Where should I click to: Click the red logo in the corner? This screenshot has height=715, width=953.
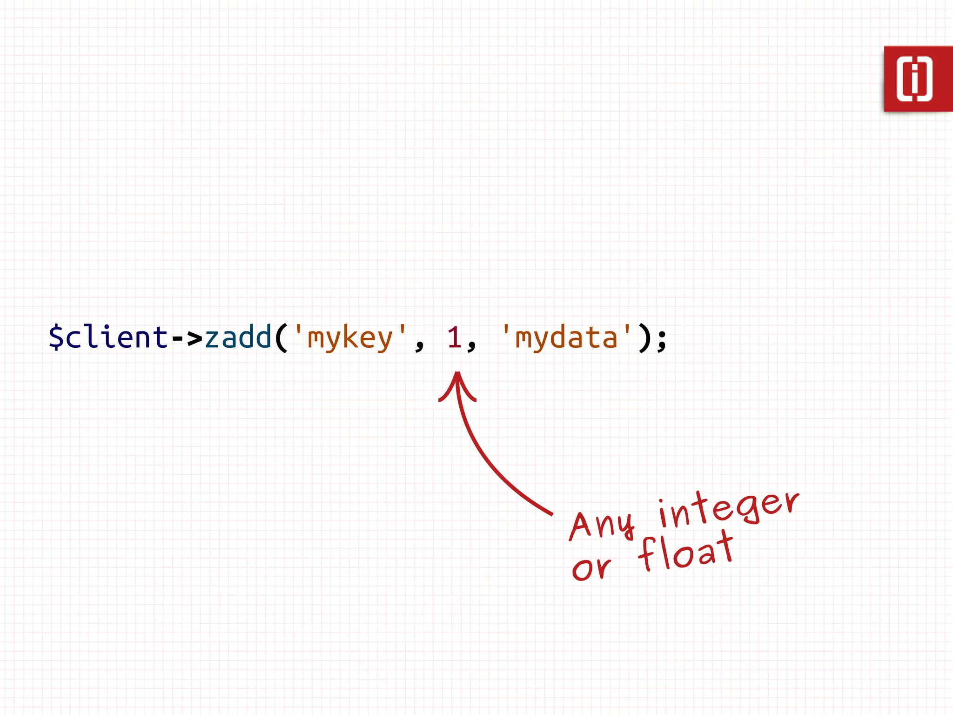click(x=918, y=79)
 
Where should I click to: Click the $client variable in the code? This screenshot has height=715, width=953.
click(x=108, y=337)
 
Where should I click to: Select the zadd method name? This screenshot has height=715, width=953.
click(x=238, y=337)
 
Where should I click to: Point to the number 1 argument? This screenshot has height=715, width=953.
click(x=454, y=337)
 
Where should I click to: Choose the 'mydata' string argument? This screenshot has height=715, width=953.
click(x=566, y=337)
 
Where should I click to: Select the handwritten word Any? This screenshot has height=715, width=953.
click(x=601, y=525)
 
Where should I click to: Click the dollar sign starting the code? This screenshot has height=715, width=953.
click(x=56, y=337)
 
